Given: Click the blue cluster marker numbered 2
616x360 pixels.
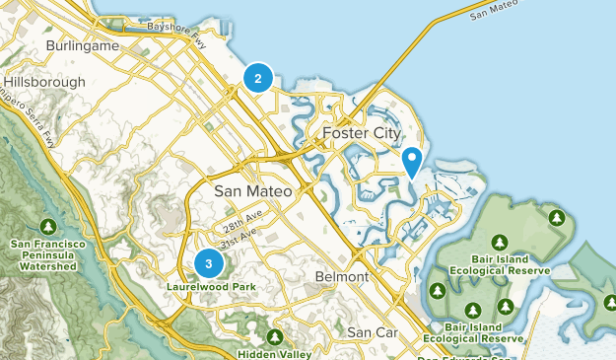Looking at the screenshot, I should point(257,78).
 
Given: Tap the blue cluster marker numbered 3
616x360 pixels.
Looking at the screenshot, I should point(208,263).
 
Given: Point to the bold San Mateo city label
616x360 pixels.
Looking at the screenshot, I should point(253,191).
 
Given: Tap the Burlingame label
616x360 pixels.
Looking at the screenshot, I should point(83,45).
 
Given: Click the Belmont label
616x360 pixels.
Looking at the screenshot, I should point(341,277).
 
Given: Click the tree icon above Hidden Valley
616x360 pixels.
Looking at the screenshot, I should point(272,334).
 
